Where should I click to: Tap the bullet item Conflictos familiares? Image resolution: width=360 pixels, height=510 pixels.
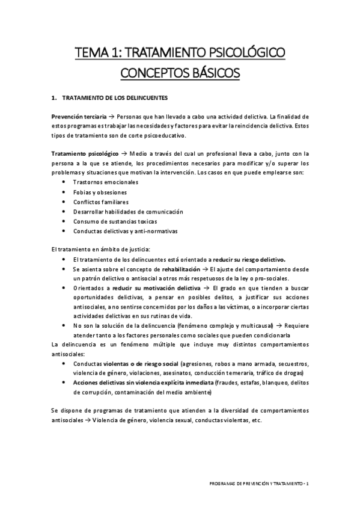(100, 201)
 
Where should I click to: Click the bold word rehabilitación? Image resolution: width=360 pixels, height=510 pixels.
(175, 269)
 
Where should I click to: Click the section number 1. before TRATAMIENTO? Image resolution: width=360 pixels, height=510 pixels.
(55, 97)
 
